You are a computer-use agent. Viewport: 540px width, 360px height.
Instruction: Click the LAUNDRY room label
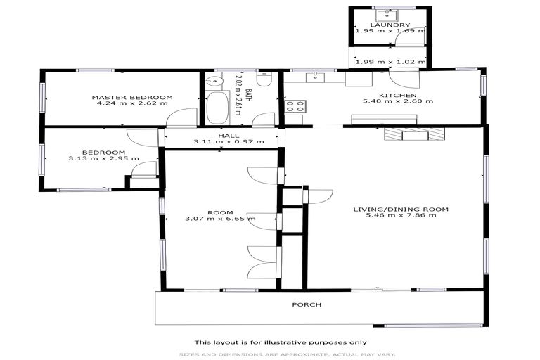(390, 25)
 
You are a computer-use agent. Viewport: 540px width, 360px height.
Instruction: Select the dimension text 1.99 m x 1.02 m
(389, 62)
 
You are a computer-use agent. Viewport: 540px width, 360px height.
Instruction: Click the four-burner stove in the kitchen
(294, 108)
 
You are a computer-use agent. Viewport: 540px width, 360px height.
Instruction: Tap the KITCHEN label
(398, 95)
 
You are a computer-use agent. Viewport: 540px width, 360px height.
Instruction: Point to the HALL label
(229, 135)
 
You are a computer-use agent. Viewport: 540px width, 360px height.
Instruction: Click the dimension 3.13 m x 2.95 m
(103, 159)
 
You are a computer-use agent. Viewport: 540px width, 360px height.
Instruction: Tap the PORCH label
(307, 304)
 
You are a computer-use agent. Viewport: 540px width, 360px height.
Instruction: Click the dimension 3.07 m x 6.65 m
(220, 219)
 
